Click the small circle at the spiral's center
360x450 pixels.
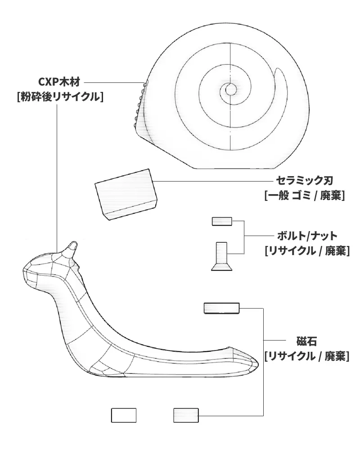coord(230,90)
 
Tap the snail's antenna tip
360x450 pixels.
coord(74,243)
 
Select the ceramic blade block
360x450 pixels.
coord(126,195)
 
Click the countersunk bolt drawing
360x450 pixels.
coord(221,256)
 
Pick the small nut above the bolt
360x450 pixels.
coord(222,222)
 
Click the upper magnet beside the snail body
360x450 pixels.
coord(221,308)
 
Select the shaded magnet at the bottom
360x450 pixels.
coord(186,415)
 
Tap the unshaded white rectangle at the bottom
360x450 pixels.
coord(124,415)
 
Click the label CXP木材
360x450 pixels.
coord(59,82)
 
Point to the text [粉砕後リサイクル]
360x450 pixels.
coord(60,97)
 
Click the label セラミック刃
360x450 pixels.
coord(304,181)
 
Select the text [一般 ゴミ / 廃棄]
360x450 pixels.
coord(304,196)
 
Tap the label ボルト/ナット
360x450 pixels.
coord(307,236)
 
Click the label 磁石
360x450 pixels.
coord(306,341)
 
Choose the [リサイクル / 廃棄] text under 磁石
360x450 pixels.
coord(307,356)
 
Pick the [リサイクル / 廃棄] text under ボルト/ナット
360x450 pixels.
coord(307,251)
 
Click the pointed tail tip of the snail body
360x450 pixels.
coord(257,364)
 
